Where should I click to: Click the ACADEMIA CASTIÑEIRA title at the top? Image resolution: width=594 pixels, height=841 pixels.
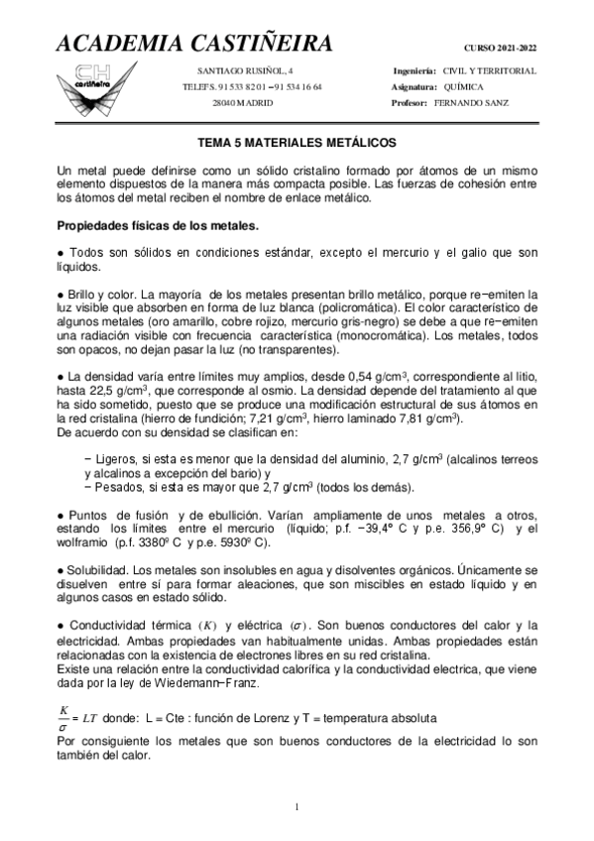pos(193,45)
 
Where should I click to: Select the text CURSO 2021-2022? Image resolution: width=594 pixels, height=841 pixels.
pos(500,48)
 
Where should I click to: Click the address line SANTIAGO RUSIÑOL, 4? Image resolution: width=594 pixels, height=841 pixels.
pos(239,71)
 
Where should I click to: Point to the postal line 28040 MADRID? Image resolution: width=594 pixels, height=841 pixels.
pos(242,103)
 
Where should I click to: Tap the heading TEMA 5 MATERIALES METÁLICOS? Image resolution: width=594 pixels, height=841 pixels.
pos(297,143)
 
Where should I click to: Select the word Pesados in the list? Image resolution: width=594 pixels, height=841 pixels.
pos(120,487)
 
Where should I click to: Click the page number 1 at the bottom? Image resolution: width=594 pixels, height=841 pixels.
pos(297,805)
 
